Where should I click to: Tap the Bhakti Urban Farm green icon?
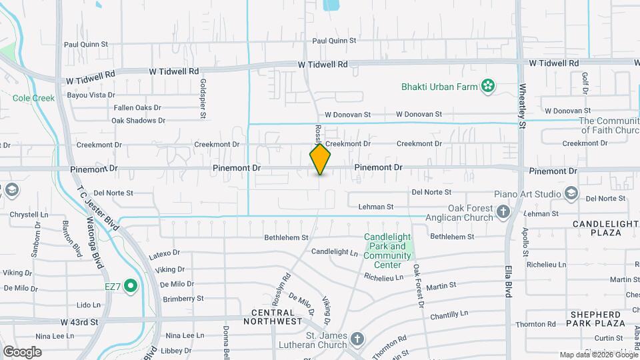489,85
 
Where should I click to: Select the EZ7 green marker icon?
131,287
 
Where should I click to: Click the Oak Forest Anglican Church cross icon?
503,212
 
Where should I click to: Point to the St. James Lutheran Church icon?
358,338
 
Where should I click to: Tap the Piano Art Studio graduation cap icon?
571,193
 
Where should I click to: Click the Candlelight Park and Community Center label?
388,251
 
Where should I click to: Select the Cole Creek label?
33,98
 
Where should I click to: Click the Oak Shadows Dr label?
138,121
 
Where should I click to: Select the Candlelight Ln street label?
335,252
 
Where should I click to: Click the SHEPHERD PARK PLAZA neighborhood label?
598,319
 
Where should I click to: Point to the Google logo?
22,351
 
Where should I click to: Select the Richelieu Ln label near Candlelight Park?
383,277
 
